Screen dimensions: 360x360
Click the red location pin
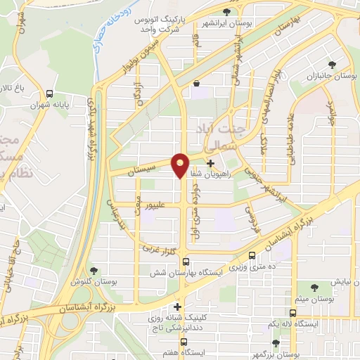click(x=181, y=165)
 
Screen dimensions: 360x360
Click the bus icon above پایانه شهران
click(x=49, y=94)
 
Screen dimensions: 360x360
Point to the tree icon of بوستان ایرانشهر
click(x=226, y=12)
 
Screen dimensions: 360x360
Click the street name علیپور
click(x=155, y=207)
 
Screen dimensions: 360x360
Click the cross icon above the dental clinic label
click(x=178, y=307)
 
